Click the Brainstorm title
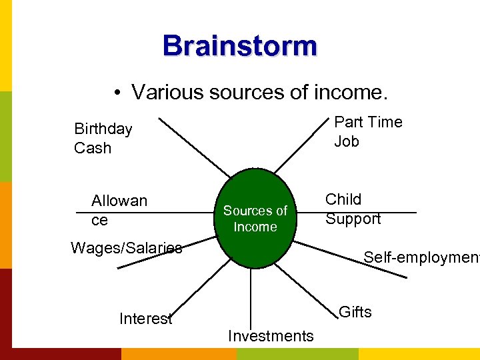tap(240, 46)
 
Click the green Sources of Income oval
tap(255, 218)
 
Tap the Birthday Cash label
tap(103, 138)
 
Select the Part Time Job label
tap(368, 131)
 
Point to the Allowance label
tap(119, 210)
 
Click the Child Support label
tap(353, 209)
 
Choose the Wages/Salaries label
tap(126, 248)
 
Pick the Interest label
tap(145, 319)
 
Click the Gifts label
tap(355, 312)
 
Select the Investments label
tap(270, 336)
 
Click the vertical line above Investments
tap(251, 297)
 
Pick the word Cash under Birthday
tap(93, 148)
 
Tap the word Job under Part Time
tap(347, 141)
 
